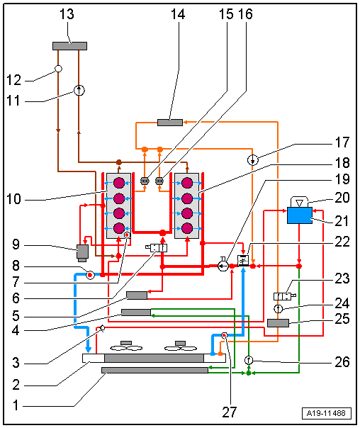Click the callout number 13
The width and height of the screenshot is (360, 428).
tap(67, 14)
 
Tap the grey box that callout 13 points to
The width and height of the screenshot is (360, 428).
tap(70, 46)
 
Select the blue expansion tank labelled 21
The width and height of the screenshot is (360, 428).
tap(300, 215)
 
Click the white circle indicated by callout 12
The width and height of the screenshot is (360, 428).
tap(58, 69)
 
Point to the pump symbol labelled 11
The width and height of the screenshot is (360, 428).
tap(79, 91)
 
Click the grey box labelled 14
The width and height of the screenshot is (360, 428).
tap(170, 123)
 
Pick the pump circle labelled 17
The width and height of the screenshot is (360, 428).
tap(253, 160)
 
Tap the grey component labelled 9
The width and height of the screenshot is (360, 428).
tap(82, 253)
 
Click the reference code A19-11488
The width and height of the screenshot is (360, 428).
tap(326, 413)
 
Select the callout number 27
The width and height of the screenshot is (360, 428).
tap(230, 412)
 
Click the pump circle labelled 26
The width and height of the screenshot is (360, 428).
tap(248, 360)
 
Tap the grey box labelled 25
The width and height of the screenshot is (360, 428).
tap(278, 323)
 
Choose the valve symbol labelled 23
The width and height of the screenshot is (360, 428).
tap(284, 296)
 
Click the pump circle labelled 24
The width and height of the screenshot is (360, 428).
tap(278, 309)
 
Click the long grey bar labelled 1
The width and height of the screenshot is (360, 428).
tap(154, 370)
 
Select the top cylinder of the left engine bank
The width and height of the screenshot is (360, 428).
tap(119, 183)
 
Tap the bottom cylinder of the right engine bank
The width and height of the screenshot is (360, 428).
tap(187, 228)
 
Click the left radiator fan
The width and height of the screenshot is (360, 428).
tap(126, 346)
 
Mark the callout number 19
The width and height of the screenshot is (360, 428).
tap(342, 179)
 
